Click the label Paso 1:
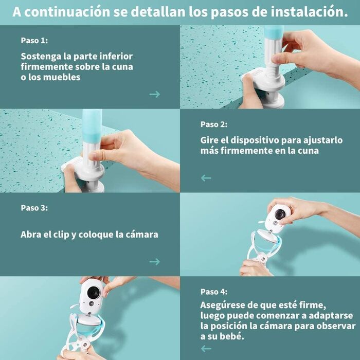coord(34,41)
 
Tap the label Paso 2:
coord(214,124)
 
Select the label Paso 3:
coord(34,208)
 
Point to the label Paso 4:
coord(214,292)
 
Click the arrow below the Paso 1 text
coord(154,94)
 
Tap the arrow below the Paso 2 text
coord(206,178)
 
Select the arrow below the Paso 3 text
coord(154,262)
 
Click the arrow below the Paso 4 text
coord(206,349)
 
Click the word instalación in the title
coord(309,11)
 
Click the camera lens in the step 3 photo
coord(280,214)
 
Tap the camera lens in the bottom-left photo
coord(93,292)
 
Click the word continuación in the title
coord(67,11)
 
